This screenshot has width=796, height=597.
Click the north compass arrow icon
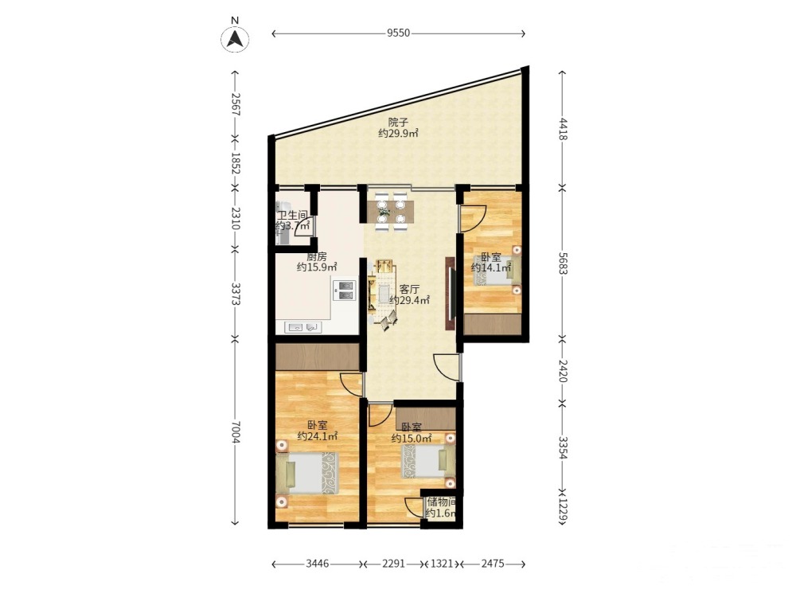tap(235, 38)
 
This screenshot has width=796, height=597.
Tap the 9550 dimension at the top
tap(398, 33)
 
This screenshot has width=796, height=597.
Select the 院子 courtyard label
tap(398, 123)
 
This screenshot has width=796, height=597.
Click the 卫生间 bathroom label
tap(292, 216)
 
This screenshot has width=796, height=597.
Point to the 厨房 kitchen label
tap(317, 257)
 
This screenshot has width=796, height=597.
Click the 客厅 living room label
tap(409, 290)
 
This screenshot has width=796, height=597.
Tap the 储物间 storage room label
tap(441, 502)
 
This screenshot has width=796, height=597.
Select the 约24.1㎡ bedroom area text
tap(318, 436)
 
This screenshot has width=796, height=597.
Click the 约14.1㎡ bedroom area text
tap(491, 267)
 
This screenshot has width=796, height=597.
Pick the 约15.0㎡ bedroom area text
tap(412, 438)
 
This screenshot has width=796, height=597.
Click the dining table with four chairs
tap(391, 212)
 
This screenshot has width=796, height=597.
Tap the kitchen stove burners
tap(345, 290)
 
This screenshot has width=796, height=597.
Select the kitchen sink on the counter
tap(303, 327)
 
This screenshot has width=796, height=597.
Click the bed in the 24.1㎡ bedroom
tap(308, 473)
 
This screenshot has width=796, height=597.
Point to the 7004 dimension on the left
tap(235, 432)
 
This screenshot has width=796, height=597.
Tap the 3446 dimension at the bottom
tap(318, 564)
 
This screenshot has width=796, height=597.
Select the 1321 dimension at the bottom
tap(442, 564)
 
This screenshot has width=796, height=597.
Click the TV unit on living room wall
tap(450, 295)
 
